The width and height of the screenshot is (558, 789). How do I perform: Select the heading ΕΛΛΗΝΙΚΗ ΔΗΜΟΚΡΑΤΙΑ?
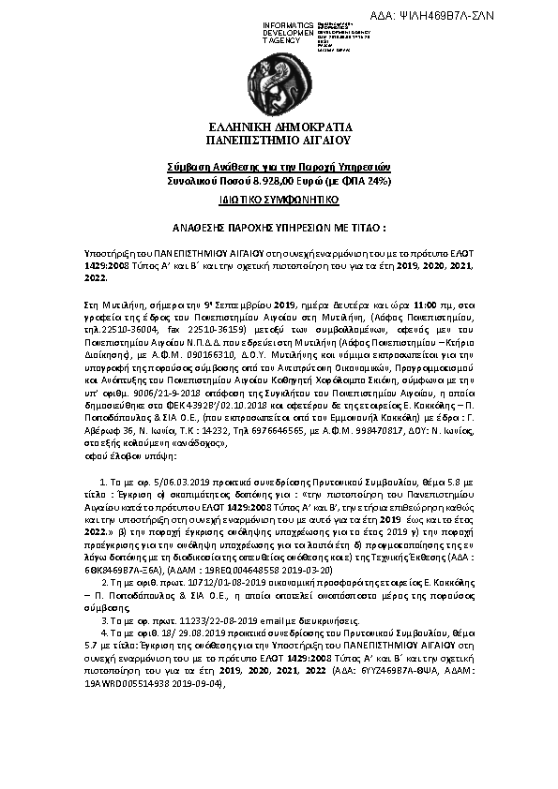pos(279,127)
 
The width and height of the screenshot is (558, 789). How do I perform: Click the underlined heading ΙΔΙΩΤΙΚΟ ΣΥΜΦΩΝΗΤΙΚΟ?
pos(279,201)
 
